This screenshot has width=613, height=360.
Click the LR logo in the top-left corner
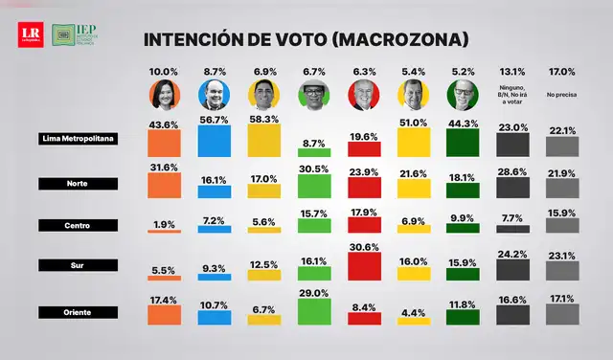30,35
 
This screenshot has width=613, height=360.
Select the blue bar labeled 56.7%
213,140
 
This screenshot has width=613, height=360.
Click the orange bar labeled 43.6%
163,143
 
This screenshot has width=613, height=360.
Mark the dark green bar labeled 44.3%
463,143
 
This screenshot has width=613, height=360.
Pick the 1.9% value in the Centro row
163,223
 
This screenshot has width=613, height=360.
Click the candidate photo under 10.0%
163,95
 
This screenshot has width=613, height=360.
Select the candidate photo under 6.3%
363,95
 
